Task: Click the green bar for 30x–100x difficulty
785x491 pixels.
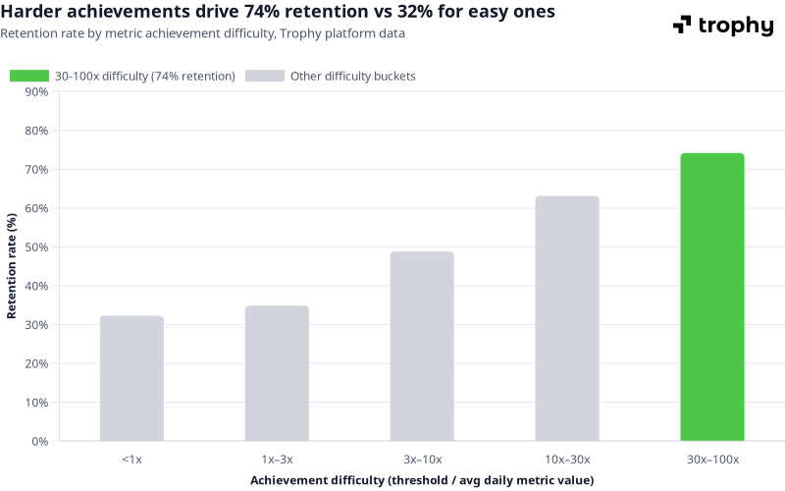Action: pyautogui.click(x=712, y=297)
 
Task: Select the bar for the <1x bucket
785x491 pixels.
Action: pyautogui.click(x=131, y=378)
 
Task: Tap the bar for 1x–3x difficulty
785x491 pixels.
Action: pyautogui.click(x=277, y=373)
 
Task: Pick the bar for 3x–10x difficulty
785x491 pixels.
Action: pyautogui.click(x=422, y=346)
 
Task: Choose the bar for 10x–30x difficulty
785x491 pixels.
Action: pyautogui.click(x=567, y=318)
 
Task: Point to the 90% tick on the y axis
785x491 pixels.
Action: pyautogui.click(x=36, y=92)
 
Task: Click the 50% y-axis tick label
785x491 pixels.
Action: pyautogui.click(x=36, y=247)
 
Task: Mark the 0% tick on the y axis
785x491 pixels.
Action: pyautogui.click(x=40, y=441)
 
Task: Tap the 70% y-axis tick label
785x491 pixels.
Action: pyautogui.click(x=36, y=170)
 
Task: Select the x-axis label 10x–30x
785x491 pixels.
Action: pyautogui.click(x=567, y=460)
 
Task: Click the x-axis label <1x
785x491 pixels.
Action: pyautogui.click(x=131, y=460)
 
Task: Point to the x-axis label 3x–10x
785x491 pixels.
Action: pyautogui.click(x=422, y=460)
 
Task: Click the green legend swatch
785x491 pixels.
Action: pyautogui.click(x=29, y=76)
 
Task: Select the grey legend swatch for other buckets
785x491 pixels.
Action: pyautogui.click(x=265, y=76)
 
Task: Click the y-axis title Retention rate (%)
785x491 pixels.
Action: pyautogui.click(x=13, y=266)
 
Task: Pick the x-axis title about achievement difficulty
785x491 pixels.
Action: pyautogui.click(x=422, y=480)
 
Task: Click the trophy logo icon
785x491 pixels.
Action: pyautogui.click(x=682, y=26)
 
